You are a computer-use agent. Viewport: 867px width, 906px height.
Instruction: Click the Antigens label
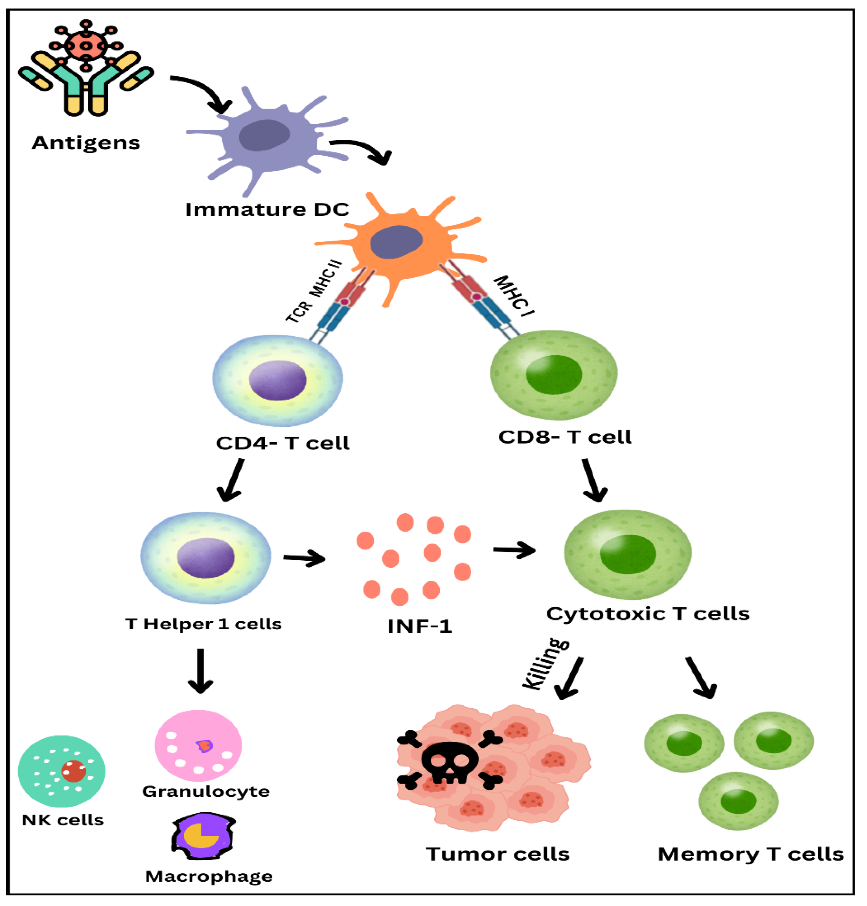(x=86, y=143)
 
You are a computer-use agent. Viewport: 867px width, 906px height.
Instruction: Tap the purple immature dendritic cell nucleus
(x=264, y=135)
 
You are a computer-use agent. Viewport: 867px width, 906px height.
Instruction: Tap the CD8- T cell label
(x=564, y=437)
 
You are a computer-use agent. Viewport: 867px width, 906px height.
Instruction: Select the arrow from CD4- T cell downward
(x=231, y=481)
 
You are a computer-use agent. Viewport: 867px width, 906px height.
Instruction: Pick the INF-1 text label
(x=420, y=626)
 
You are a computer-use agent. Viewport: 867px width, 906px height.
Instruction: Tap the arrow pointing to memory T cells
(x=701, y=677)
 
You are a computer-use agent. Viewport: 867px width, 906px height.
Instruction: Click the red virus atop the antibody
(x=86, y=45)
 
